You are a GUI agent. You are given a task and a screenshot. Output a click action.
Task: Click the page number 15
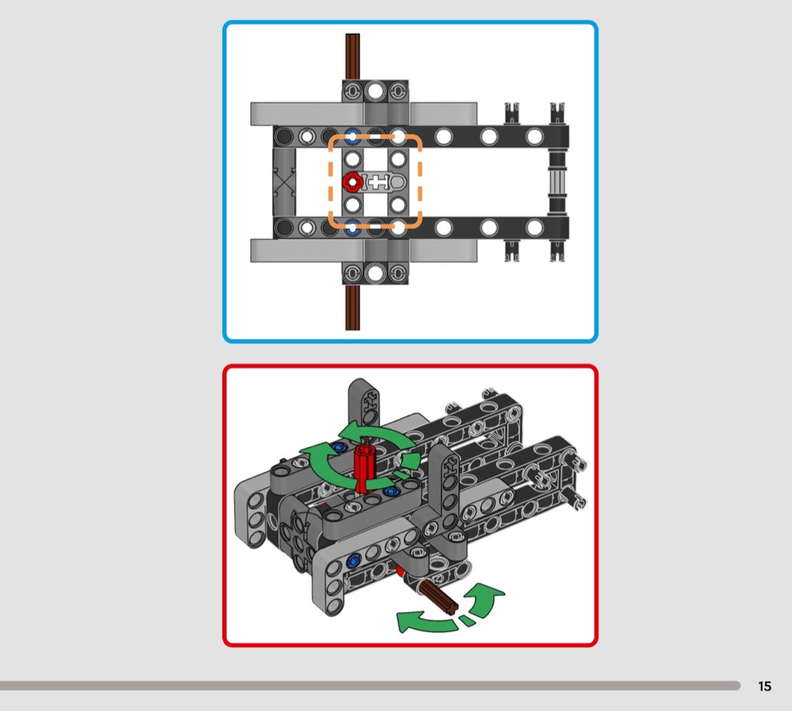[765, 686]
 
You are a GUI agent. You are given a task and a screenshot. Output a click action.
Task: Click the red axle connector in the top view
[352, 181]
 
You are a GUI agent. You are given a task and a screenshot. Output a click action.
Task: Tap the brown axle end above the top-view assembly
[352, 57]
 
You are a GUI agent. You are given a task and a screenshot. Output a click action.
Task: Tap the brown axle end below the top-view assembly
[352, 307]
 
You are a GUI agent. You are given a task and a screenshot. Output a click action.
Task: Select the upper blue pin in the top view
[352, 136]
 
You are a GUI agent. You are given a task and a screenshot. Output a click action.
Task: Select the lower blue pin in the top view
[352, 227]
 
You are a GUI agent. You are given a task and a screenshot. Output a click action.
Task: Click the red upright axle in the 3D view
[363, 466]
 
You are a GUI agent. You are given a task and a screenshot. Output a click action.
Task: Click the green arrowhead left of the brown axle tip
[408, 622]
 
